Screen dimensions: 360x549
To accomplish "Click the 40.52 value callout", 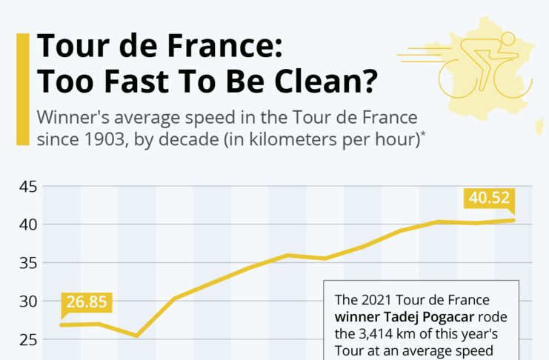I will [x=488, y=199].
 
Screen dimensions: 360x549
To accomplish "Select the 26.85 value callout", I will [x=87, y=302].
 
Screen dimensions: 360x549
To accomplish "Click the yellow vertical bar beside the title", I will [x=23, y=89].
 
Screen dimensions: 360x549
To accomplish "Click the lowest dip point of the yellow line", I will [x=137, y=336].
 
